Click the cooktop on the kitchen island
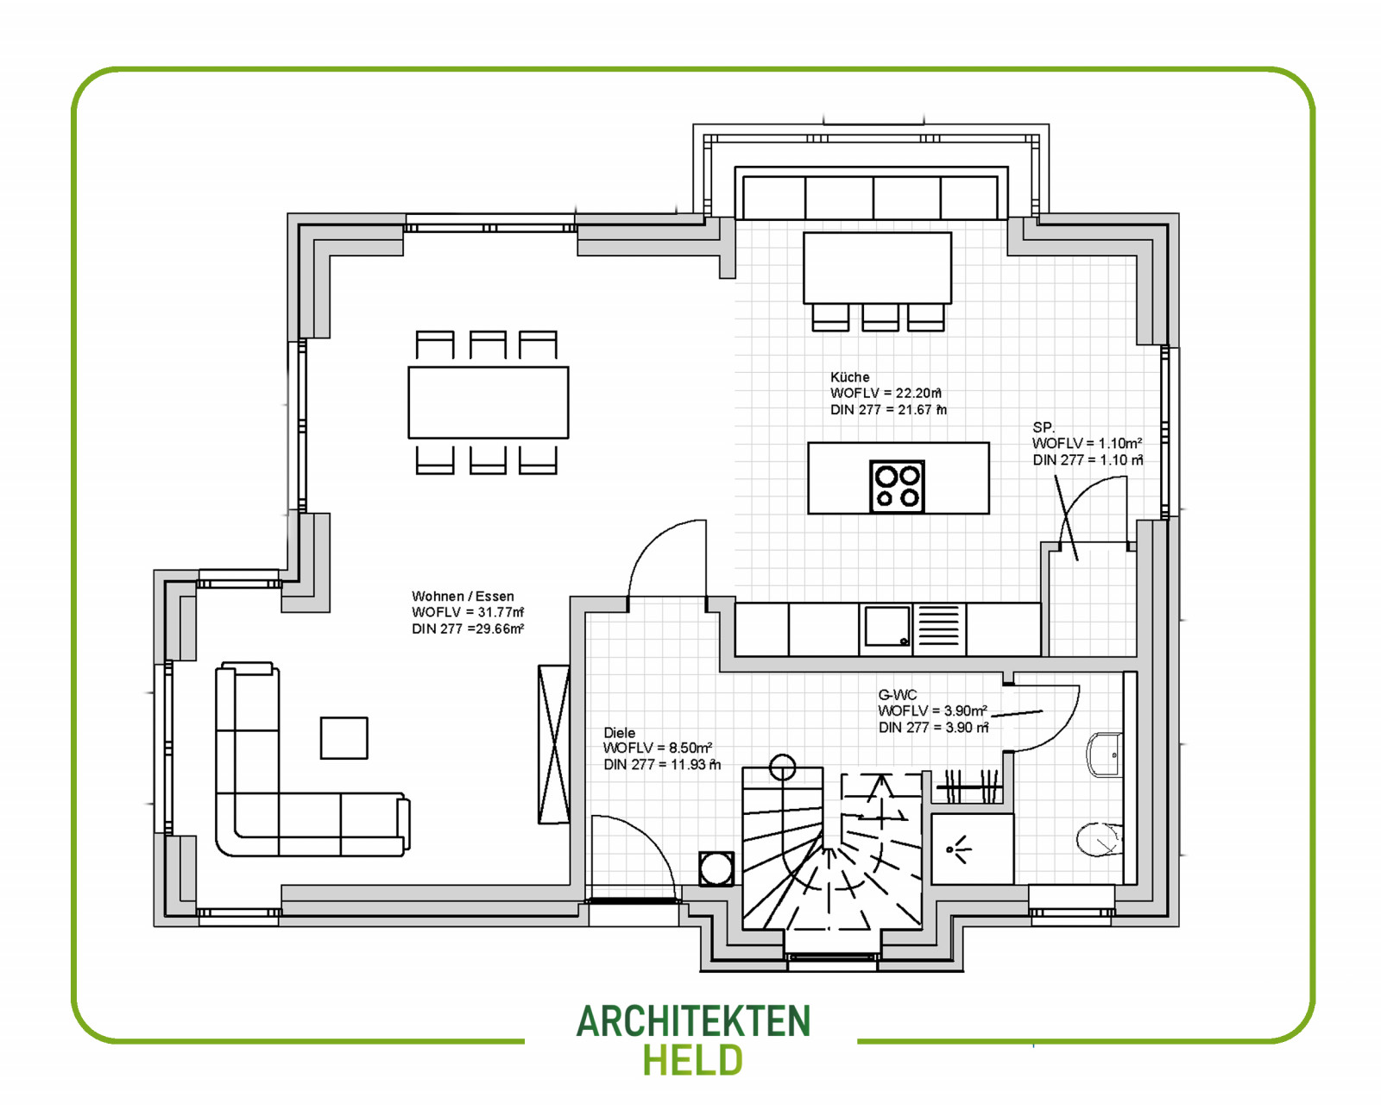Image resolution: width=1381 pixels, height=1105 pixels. pos(897,486)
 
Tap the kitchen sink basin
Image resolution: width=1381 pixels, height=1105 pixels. pos(887,625)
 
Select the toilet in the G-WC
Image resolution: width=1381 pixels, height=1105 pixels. pos(1098,839)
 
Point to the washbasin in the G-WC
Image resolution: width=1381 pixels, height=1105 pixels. pos(1104,754)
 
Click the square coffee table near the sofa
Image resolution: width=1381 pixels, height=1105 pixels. pos(344,738)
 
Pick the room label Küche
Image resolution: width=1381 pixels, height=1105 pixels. pos(849,377)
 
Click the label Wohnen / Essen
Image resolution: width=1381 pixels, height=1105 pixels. pos(463,596)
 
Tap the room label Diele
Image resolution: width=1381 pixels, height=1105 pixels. pos(619,733)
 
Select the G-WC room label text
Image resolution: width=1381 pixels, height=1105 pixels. pos(897,694)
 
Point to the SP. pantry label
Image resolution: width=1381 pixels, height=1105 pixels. pos(1044,427)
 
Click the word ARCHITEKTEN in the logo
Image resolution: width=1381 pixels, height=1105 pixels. pos(694,1021)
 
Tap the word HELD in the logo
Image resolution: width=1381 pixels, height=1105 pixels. pos(693,1060)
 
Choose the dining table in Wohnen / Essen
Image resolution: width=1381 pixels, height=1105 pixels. pos(489,402)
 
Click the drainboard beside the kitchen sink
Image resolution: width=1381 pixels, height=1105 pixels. pos(939,625)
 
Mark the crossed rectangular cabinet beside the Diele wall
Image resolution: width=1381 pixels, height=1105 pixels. pos(554,744)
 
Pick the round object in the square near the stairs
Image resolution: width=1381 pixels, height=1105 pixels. pos(716,868)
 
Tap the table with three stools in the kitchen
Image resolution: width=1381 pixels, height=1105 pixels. pos(877,268)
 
